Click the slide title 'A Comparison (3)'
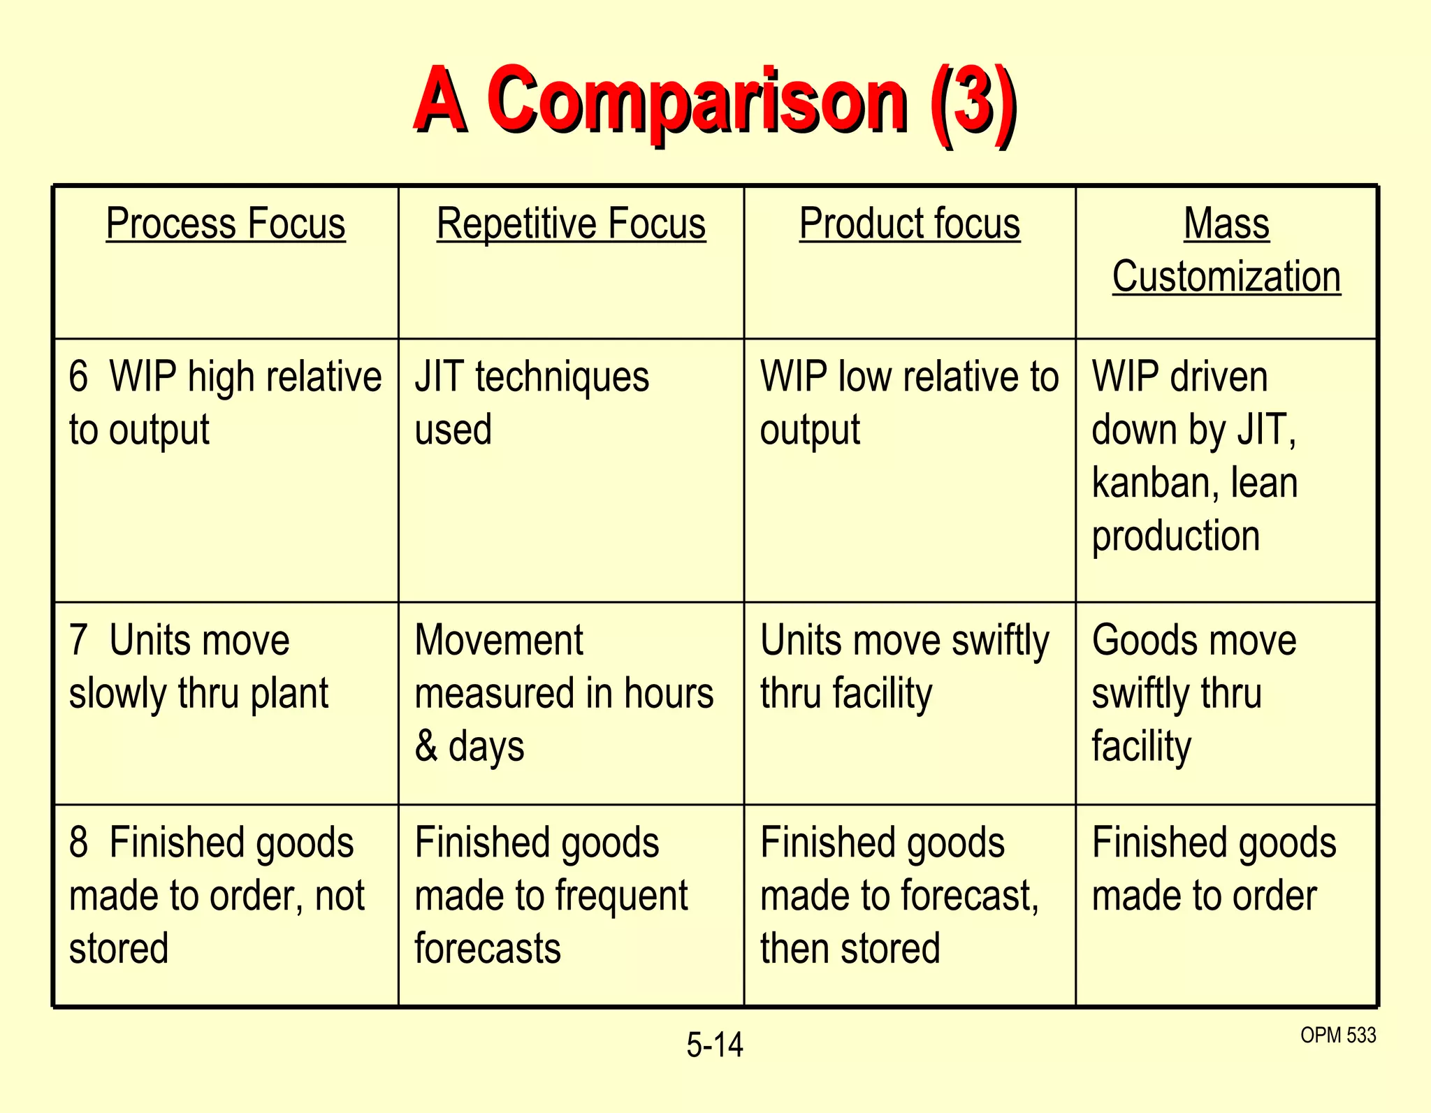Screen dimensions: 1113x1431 coord(714,101)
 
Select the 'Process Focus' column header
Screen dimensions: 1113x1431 coord(226,224)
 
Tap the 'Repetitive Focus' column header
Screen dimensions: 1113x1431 coord(571,224)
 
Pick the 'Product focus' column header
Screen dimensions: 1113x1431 coord(909,224)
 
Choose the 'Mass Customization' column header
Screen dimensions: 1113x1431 coord(1226,250)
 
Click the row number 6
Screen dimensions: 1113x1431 coord(78,377)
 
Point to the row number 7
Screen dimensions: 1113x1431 coord(78,640)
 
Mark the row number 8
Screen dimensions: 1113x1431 coord(78,842)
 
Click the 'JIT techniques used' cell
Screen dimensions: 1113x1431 coord(531,402)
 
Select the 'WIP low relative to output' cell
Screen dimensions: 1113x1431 coord(908,402)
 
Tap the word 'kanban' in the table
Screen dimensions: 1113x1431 coord(1150,483)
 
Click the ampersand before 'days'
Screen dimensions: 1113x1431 coord(426,745)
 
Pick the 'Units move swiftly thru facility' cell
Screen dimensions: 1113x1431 coord(904,667)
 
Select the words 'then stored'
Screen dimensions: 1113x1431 coord(850,949)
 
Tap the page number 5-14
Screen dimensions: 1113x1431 coord(714,1045)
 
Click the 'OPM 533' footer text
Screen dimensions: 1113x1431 coord(1337,1035)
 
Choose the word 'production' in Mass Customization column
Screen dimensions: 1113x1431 coord(1175,537)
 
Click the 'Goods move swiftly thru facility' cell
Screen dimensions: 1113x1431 coord(1193,693)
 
